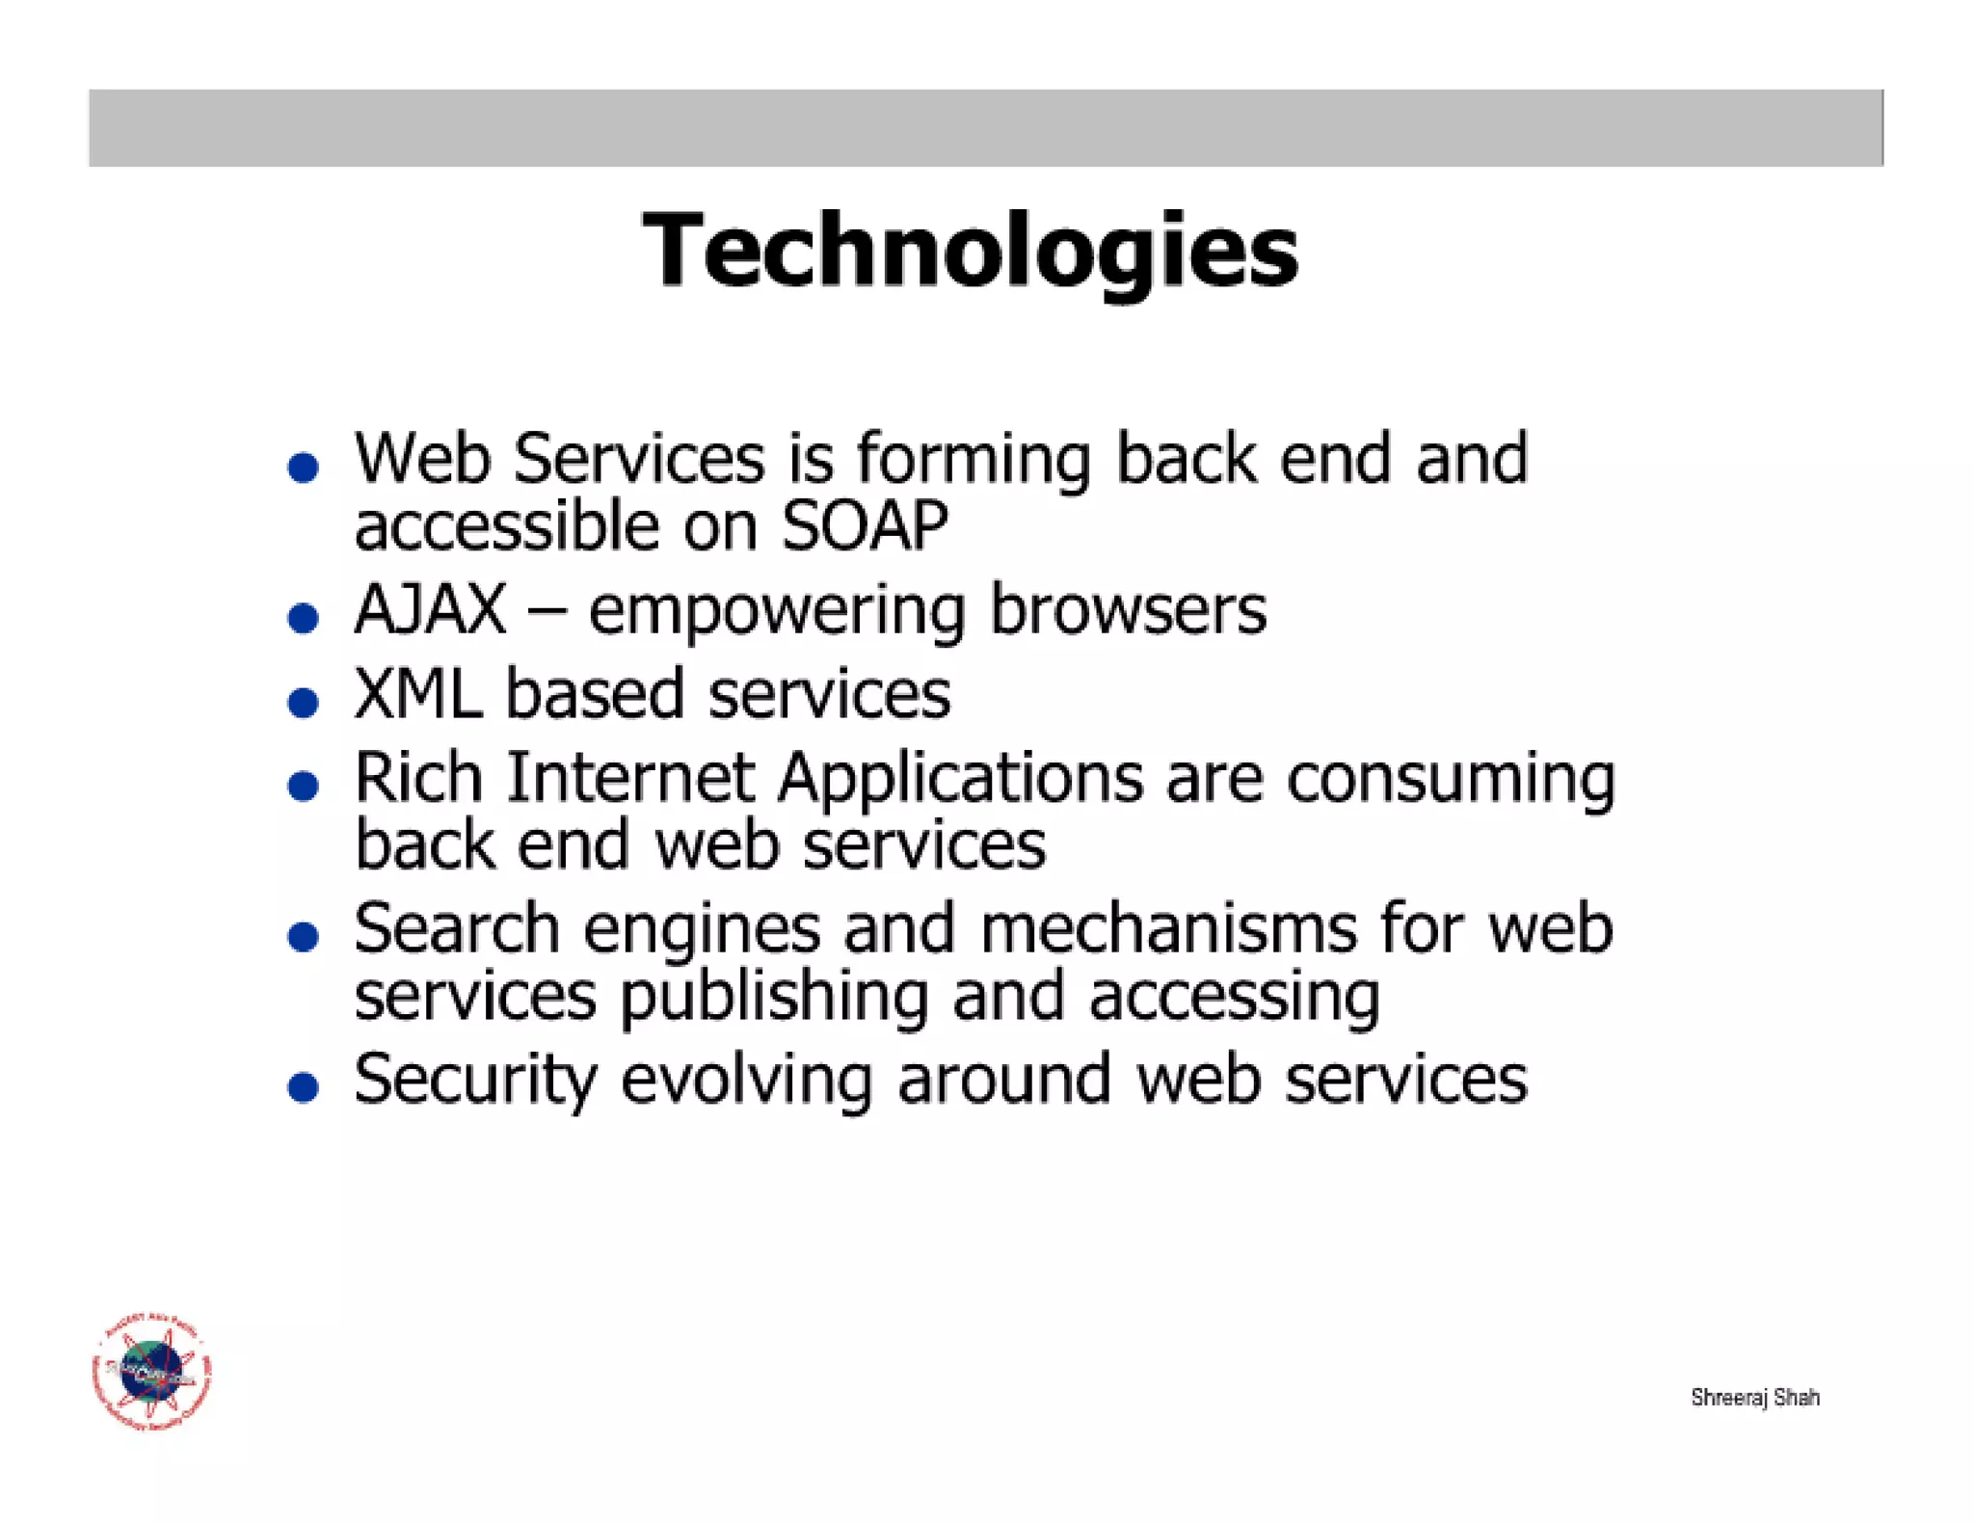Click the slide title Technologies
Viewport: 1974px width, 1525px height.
tap(971, 251)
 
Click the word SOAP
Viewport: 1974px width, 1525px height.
tap(865, 526)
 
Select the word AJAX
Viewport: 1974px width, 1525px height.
tap(430, 610)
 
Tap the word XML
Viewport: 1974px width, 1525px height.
tap(418, 694)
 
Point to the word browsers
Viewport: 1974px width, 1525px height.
tap(1128, 610)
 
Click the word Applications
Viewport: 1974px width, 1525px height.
tap(961, 779)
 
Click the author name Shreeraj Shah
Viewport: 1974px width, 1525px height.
tap(1754, 1397)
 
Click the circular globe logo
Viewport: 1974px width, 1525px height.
tap(152, 1371)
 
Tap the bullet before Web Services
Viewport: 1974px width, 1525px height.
tap(304, 468)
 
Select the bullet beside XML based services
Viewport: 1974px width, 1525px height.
tap(304, 702)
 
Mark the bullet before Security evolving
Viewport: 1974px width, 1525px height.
tap(304, 1087)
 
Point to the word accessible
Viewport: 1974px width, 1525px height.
tap(507, 526)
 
